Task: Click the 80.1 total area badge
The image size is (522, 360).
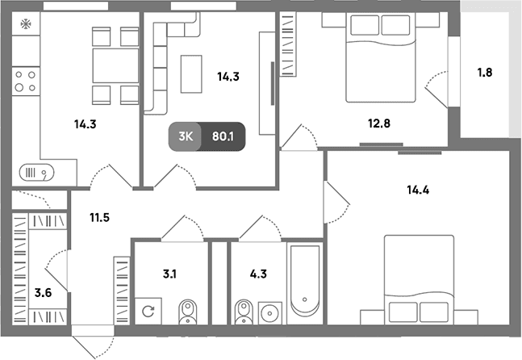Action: point(223,136)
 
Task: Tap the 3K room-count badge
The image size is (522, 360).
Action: point(185,136)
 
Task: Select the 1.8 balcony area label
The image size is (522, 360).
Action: point(485,73)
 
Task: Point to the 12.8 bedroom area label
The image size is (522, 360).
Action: point(379,123)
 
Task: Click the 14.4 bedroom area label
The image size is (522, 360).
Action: point(418,190)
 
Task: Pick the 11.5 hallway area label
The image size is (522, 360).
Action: point(99,218)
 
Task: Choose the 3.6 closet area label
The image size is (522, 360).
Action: point(43,293)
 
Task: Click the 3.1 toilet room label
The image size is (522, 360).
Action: point(169,274)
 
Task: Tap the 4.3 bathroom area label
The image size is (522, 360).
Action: point(258,274)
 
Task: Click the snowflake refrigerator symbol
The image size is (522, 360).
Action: point(26,23)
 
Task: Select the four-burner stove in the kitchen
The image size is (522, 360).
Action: point(26,82)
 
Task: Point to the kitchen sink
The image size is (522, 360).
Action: point(36,173)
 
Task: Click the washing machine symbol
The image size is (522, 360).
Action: point(148,311)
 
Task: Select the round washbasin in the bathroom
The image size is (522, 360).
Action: point(270,313)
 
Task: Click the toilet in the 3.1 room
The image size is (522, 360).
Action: point(188,312)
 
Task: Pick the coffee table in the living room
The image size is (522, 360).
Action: point(191,74)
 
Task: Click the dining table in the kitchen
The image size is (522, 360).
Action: point(115,65)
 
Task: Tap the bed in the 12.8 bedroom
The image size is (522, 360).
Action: point(381,57)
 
